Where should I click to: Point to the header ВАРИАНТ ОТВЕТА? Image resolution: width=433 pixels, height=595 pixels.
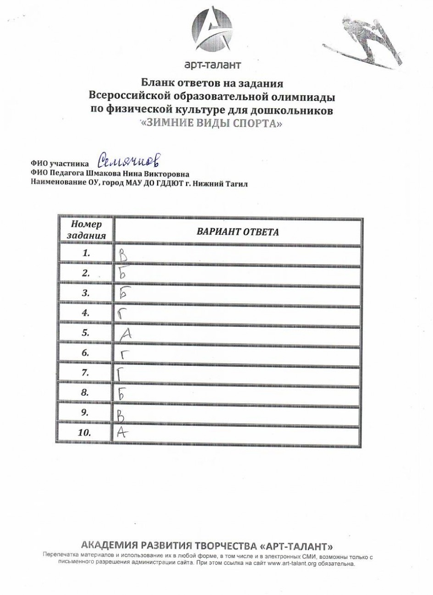point(238,231)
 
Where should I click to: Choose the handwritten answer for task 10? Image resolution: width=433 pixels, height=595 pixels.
point(121,432)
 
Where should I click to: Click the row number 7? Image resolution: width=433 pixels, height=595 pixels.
point(85,373)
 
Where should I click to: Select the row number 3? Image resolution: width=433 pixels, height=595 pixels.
point(85,293)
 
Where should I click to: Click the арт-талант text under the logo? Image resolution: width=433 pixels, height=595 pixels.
point(212,65)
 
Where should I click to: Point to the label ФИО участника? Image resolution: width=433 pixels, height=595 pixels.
point(59,163)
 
